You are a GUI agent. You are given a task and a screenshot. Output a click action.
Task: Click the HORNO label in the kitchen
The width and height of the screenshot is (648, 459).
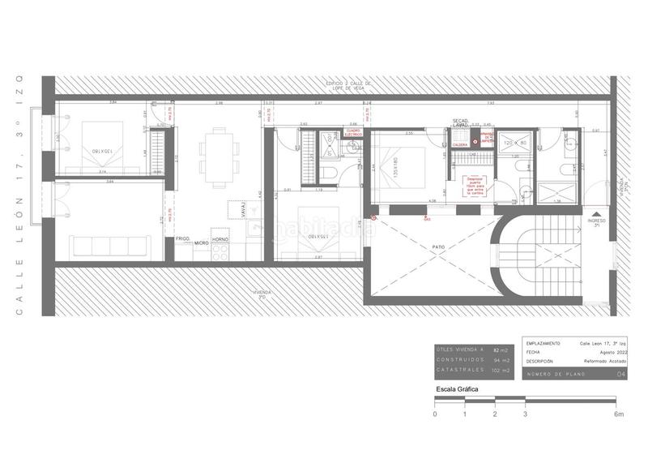220,240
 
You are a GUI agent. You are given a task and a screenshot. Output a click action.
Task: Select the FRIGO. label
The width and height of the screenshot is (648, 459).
183,240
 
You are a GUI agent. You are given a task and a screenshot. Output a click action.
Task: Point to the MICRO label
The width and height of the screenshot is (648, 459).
201,242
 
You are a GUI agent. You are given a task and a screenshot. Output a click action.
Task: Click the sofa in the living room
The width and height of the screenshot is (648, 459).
109,245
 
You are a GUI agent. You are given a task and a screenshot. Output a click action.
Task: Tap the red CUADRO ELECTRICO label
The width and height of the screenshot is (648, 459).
352,131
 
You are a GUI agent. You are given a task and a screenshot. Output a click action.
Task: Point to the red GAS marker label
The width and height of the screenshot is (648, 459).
427,219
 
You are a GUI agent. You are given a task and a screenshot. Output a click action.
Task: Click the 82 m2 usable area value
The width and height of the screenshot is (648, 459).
500,349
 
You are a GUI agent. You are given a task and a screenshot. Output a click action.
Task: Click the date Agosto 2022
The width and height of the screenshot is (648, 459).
612,353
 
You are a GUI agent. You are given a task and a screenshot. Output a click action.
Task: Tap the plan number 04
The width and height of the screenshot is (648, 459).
621,374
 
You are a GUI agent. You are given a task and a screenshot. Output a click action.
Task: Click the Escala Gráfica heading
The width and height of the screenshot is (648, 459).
457,390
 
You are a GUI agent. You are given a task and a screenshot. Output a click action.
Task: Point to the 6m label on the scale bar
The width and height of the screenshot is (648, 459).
619,414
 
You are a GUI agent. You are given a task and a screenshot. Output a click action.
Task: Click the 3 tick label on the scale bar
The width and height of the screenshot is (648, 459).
525,414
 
